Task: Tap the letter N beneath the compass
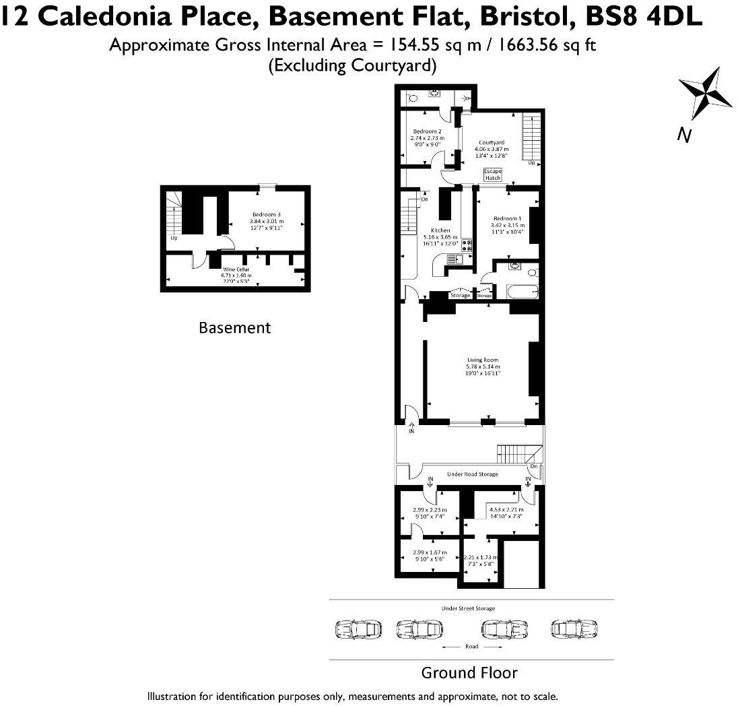(685, 135)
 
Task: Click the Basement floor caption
(234, 328)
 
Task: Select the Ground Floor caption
(469, 672)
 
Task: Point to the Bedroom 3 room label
(267, 214)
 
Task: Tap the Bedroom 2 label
(427, 131)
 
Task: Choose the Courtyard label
(492, 143)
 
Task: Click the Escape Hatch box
(492, 174)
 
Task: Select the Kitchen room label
(440, 231)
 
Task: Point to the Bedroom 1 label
(507, 219)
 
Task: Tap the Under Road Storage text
(472, 474)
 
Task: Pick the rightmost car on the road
(574, 629)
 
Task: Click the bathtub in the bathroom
(521, 292)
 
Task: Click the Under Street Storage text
(468, 608)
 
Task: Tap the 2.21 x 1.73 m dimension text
(481, 558)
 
